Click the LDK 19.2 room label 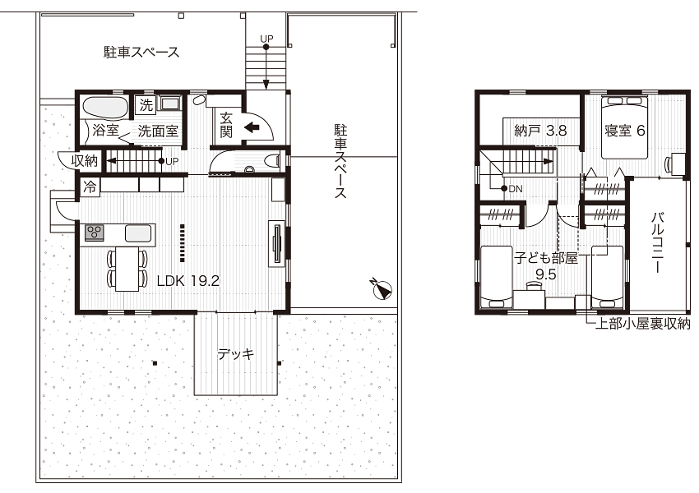point(187,280)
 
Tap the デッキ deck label point(235,354)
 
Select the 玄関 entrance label point(227,126)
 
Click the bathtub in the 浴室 point(104,108)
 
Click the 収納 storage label point(86,160)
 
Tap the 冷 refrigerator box point(89,187)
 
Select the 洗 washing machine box point(146,105)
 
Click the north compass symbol point(382,288)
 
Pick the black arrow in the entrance point(252,127)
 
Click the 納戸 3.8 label point(539,129)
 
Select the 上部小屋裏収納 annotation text point(643,324)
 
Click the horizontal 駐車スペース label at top point(141,53)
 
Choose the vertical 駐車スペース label point(339,162)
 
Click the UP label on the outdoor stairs point(266,39)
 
